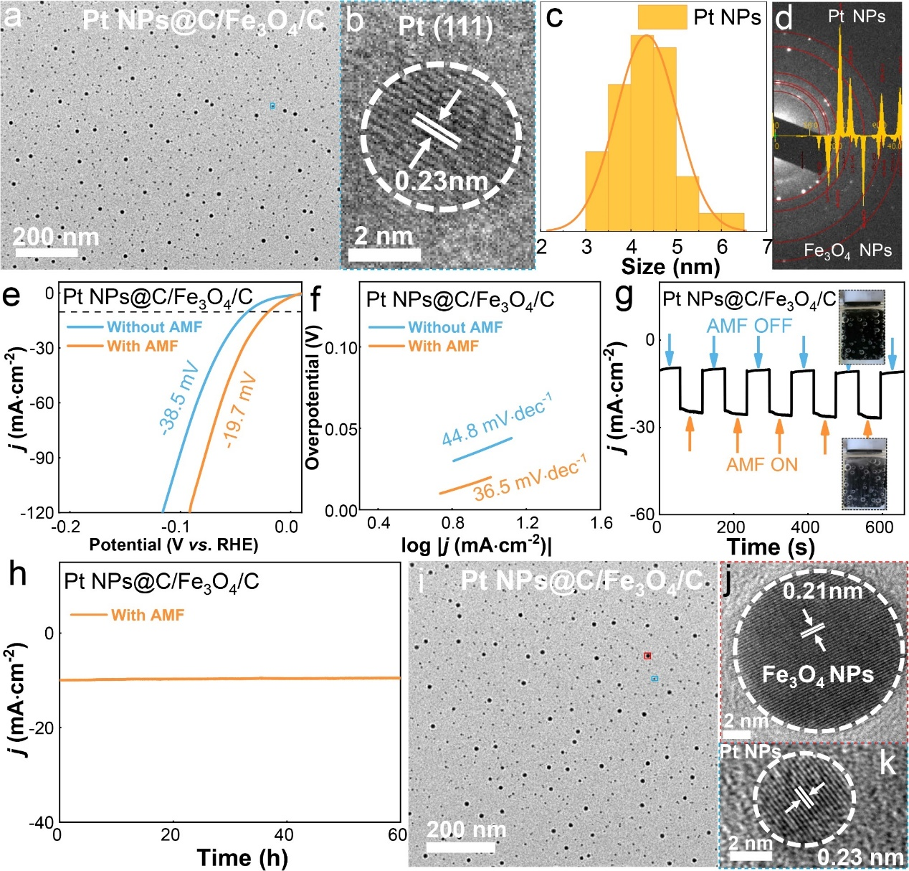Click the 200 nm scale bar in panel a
46,253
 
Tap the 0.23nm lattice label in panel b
442,182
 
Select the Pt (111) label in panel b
445,27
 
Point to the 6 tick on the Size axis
722,247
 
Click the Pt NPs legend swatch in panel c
662,17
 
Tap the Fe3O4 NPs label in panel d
847,250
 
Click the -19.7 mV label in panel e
241,409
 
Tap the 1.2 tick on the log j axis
528,523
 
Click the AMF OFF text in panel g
749,326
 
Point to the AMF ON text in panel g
761,464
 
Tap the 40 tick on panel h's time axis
284,834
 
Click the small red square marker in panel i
647,656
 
